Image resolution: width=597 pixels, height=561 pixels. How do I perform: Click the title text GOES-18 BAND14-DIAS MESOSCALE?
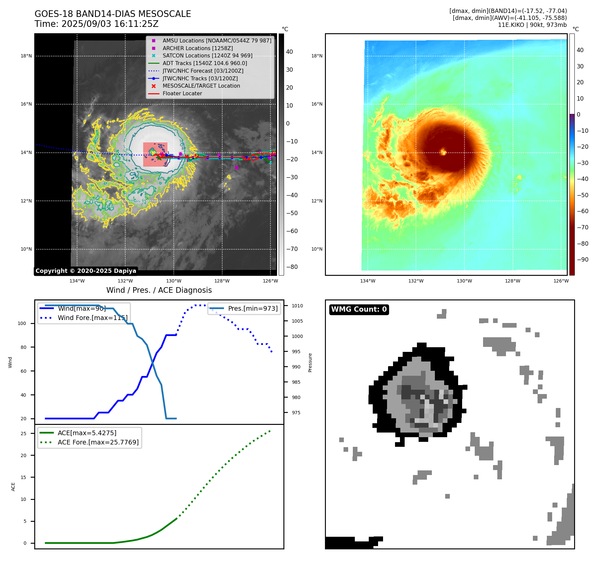pyautogui.click(x=113, y=14)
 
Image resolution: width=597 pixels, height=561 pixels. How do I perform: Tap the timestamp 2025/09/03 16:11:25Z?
pyautogui.click(x=110, y=24)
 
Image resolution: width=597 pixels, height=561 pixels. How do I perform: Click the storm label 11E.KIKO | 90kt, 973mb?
pyautogui.click(x=532, y=25)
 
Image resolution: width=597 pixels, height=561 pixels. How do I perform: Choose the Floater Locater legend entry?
pyautogui.click(x=182, y=93)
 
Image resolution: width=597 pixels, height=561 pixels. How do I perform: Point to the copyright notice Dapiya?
pyautogui.click(x=86, y=271)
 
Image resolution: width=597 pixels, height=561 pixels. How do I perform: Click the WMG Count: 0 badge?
pyautogui.click(x=359, y=309)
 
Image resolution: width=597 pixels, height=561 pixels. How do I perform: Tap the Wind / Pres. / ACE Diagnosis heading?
pyautogui.click(x=159, y=290)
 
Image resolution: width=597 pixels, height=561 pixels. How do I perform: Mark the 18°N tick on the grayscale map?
pyautogui.click(x=26, y=56)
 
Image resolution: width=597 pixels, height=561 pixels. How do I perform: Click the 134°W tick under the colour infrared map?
pyautogui.click(x=367, y=281)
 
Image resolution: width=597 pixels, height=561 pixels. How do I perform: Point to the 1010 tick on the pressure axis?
pyautogui.click(x=297, y=306)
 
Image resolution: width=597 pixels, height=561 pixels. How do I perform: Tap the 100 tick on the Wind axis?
pyautogui.click(x=22, y=323)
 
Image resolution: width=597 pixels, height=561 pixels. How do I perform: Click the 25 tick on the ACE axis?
pyautogui.click(x=23, y=434)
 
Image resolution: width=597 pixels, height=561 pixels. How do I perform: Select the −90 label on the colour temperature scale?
pyautogui.click(x=582, y=260)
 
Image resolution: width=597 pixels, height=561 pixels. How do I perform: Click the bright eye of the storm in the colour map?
pyautogui.click(x=443, y=152)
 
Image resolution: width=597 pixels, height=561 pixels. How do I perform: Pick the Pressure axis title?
pyautogui.click(x=310, y=362)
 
